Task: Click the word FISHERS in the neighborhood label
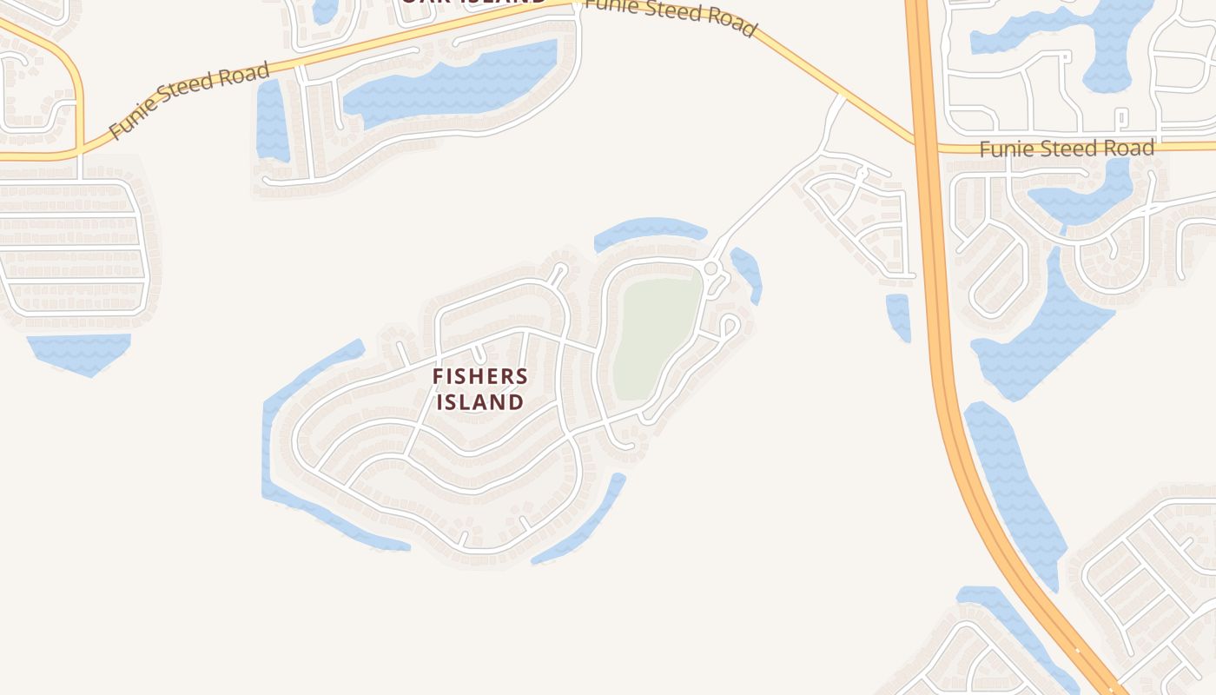click(x=480, y=377)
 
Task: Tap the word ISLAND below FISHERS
click(x=480, y=402)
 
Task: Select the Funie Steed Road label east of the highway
click(x=1067, y=149)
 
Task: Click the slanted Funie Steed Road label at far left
click(x=189, y=101)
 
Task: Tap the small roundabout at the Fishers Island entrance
click(x=710, y=268)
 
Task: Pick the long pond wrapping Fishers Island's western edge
click(x=287, y=452)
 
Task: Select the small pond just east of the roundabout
click(x=748, y=271)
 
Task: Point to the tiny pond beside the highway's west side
click(x=898, y=316)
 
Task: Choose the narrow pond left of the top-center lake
click(x=271, y=122)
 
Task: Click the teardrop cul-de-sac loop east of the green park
click(x=729, y=327)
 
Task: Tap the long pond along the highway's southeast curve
click(x=1016, y=486)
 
